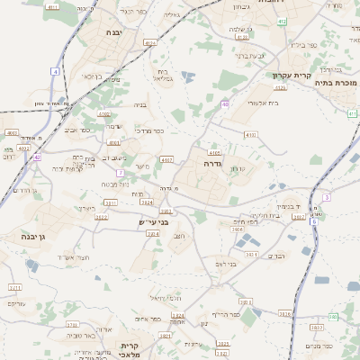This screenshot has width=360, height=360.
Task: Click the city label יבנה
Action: coord(113,32)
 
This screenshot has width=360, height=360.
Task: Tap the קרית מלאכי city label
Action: coord(130,350)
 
